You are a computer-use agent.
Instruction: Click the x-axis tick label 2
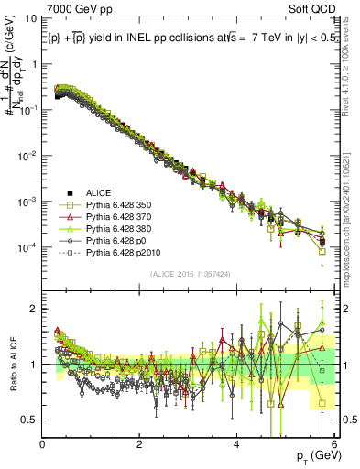coord(139,444)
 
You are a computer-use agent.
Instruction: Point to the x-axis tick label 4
coord(236,444)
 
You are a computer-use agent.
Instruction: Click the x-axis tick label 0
coord(43,444)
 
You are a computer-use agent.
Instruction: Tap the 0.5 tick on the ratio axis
coord(30,420)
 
